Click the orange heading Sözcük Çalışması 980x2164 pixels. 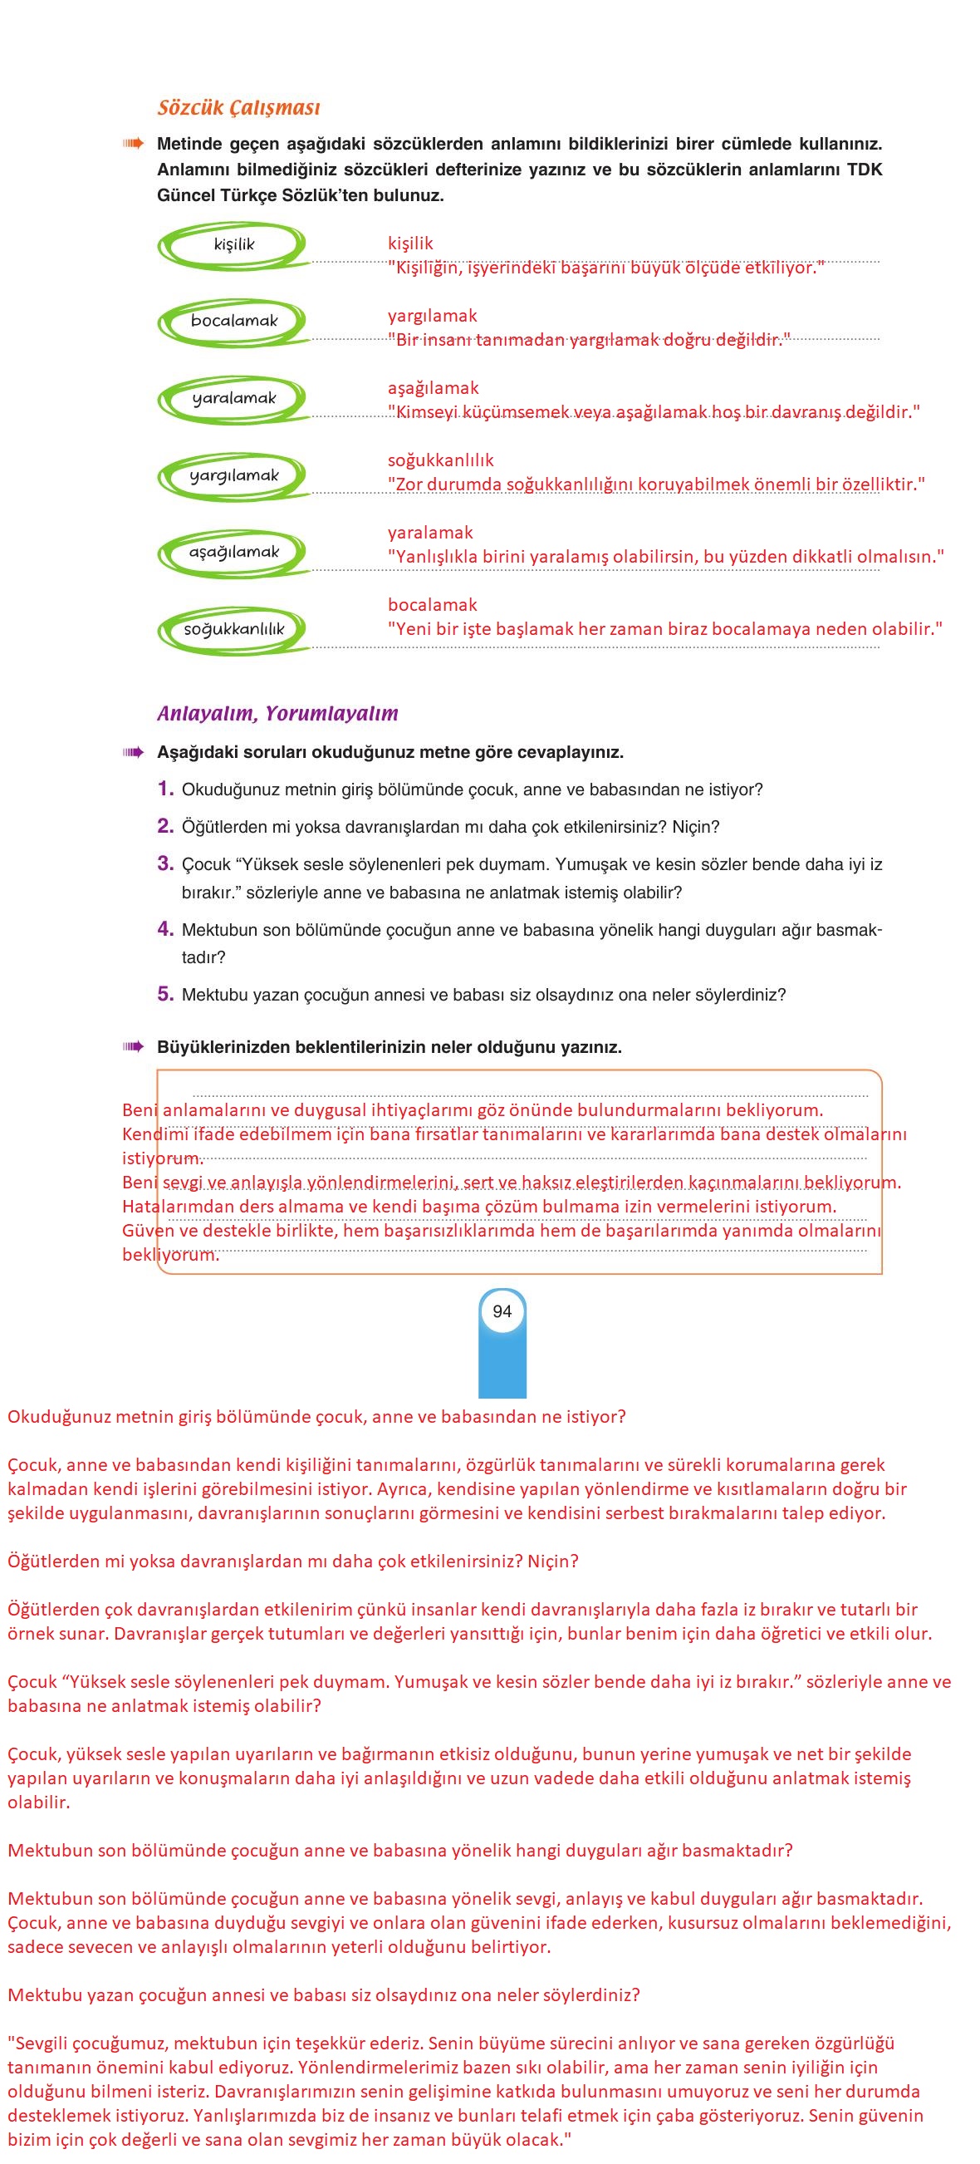[238, 107]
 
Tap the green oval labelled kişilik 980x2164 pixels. [233, 244]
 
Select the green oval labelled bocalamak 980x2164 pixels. [233, 321]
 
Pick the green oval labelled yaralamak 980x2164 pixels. [233, 398]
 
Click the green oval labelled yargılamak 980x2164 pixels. [233, 475]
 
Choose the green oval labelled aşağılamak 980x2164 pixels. [233, 552]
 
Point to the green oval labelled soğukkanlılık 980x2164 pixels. [233, 629]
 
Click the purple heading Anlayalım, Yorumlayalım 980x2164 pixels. [277, 713]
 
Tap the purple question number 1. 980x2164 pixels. [165, 788]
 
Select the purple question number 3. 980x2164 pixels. [165, 863]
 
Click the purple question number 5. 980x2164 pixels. [165, 994]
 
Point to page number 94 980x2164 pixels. [502, 1311]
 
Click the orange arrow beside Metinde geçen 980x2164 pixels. [134, 144]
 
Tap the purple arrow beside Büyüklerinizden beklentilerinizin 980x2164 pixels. [134, 1047]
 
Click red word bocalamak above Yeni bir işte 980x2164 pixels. [432, 605]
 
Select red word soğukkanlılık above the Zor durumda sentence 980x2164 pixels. [440, 460]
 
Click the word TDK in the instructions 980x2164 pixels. [864, 170]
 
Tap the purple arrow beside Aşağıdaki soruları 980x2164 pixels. [134, 752]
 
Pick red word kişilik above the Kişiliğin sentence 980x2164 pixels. [409, 243]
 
